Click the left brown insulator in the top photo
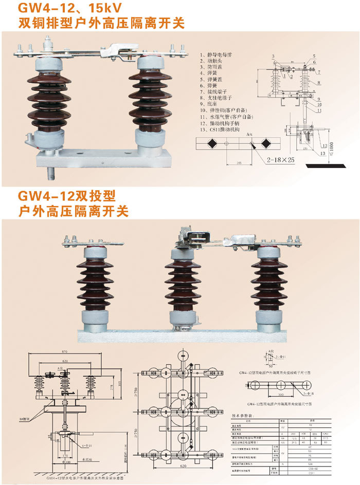49,100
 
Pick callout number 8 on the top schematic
319,82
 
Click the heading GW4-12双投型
67,197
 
